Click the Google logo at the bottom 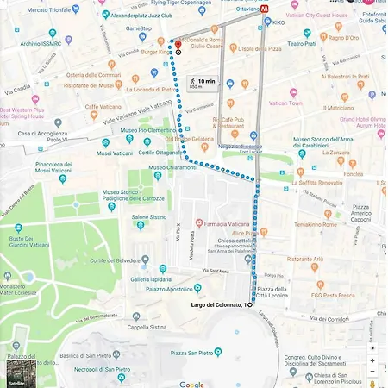(191, 384)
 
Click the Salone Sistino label (148, 217)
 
